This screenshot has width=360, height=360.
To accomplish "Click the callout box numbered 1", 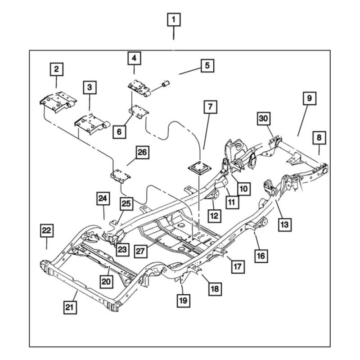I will pos(174,20).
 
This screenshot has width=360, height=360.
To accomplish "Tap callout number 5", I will pos(207,66).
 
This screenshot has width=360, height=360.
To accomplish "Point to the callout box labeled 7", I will pos(210,107).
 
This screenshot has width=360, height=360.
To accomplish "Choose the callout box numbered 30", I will pos(264,119).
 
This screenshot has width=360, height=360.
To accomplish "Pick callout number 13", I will pos(284,223).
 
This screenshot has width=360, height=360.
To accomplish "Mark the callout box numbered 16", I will pos(261,256).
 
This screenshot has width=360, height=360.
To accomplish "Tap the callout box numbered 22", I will pos(46,231).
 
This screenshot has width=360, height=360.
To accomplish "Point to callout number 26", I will pos(142,153).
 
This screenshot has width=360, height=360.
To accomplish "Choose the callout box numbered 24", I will pos(103,198).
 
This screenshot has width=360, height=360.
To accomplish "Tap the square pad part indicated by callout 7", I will pos(198,169).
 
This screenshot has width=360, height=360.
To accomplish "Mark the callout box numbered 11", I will pos(231,202).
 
